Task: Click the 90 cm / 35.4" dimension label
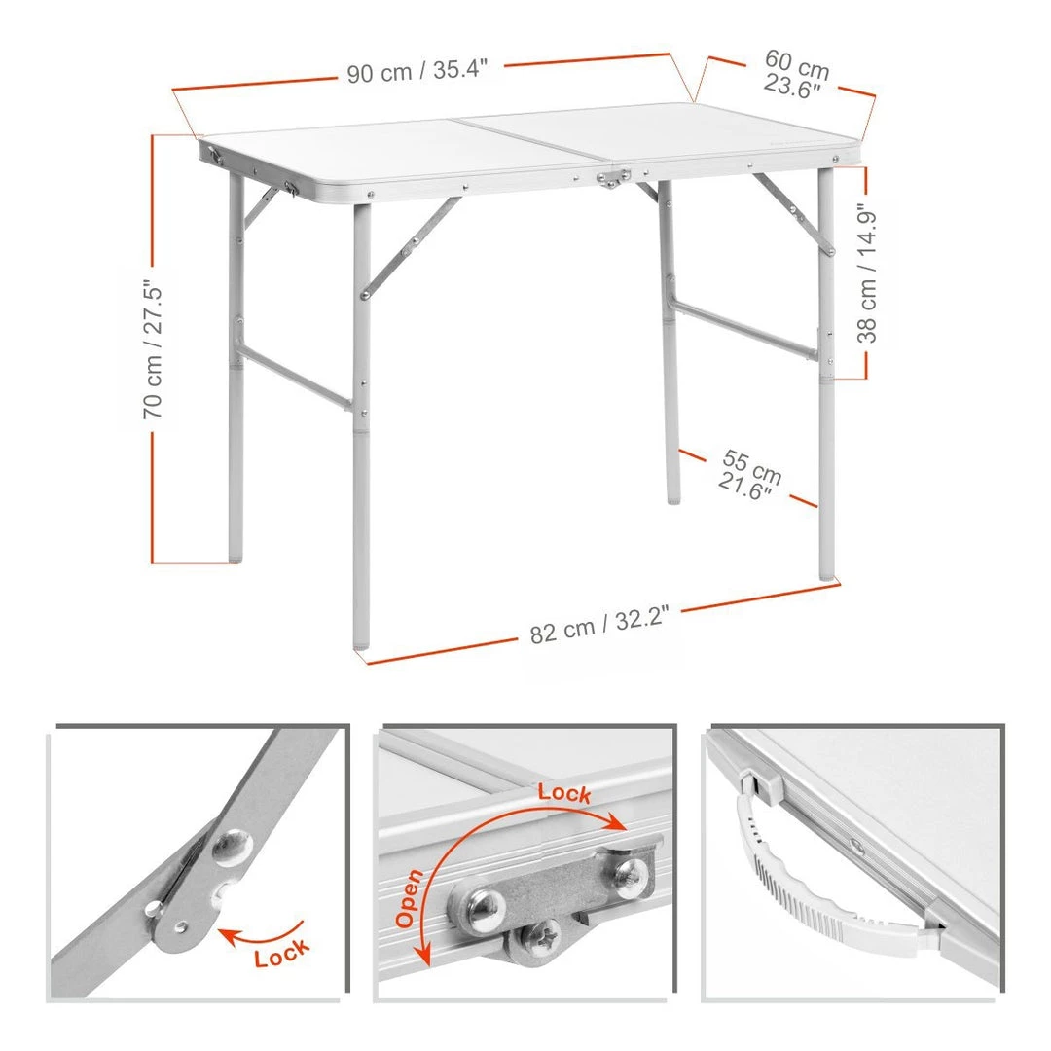[417, 70]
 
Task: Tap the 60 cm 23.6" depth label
[796, 74]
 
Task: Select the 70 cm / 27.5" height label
[153, 349]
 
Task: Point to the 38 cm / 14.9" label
[867, 273]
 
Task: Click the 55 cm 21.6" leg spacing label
[749, 475]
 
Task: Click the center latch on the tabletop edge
[613, 178]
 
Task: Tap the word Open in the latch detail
[409, 898]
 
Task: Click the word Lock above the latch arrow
[564, 793]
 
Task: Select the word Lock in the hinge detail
[282, 953]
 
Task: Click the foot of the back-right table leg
[673, 496]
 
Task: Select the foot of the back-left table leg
[236, 556]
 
